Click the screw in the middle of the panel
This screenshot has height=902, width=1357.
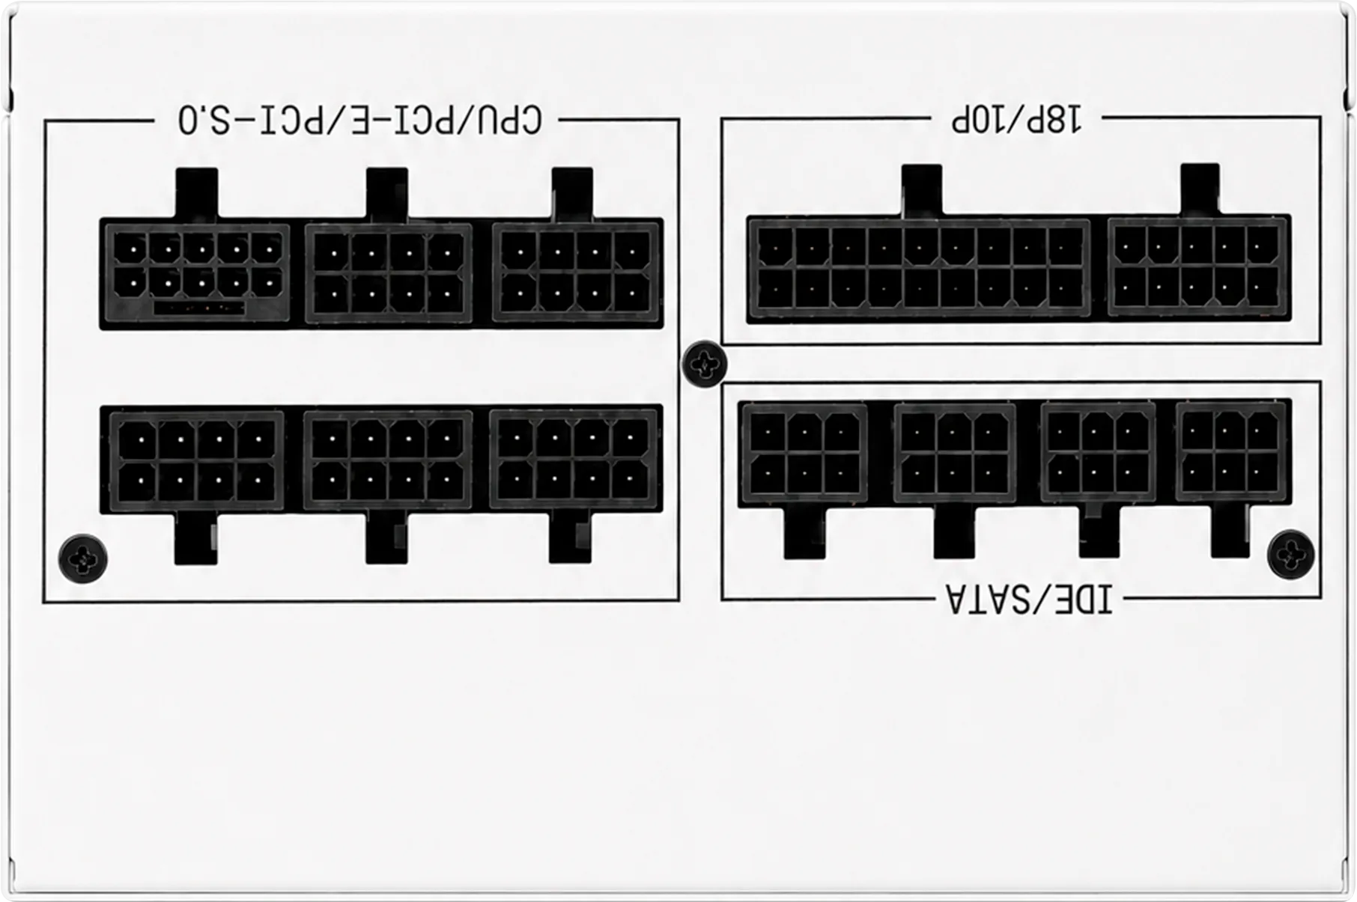[704, 365]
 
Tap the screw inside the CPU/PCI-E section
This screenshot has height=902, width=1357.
[82, 558]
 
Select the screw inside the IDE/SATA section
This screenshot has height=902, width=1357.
[1290, 554]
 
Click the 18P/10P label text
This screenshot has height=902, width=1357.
[1016, 120]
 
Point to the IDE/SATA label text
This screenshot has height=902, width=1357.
[1029, 599]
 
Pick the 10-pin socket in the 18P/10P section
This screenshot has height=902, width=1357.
[1197, 266]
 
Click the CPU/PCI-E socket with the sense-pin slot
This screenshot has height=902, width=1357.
[196, 272]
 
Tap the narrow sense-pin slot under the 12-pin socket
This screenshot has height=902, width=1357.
[199, 308]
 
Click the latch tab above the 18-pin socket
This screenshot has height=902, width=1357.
[922, 191]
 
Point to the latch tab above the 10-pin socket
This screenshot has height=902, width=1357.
[1200, 189]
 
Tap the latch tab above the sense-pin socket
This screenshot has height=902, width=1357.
[196, 194]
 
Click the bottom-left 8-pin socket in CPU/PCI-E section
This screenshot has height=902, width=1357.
[196, 460]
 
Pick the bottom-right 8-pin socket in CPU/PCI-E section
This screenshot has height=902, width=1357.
[574, 458]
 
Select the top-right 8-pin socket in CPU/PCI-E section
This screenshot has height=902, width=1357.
[576, 272]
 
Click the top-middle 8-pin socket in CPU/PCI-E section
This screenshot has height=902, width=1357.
[388, 273]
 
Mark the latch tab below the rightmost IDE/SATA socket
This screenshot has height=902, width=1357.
[1230, 530]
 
